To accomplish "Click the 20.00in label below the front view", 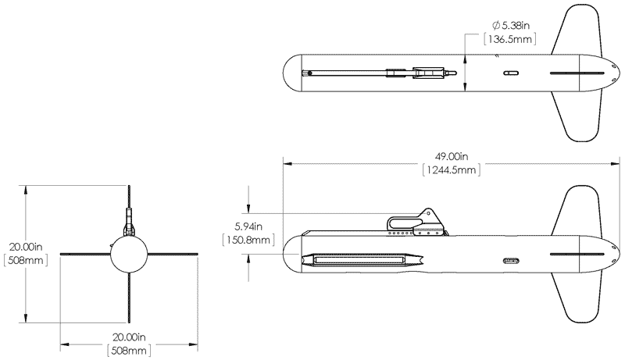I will (x=127, y=337).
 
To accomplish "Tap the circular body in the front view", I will (x=127, y=253).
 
